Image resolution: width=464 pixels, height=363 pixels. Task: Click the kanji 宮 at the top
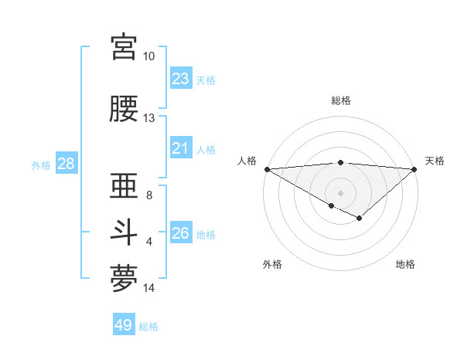pyautogui.click(x=124, y=48)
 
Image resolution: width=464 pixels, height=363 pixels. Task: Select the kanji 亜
pyautogui.click(x=124, y=185)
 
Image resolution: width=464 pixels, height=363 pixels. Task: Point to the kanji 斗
pyautogui.click(x=124, y=232)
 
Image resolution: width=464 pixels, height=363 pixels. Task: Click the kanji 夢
pyautogui.click(x=124, y=279)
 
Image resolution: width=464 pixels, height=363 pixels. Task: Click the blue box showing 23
pyautogui.click(x=181, y=79)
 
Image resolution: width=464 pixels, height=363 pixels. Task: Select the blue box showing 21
pyautogui.click(x=181, y=148)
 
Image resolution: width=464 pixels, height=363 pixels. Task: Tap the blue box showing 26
pyautogui.click(x=181, y=233)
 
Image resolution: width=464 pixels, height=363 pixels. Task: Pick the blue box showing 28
pyautogui.click(x=66, y=164)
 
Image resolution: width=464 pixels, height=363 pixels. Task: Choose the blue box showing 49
pyautogui.click(x=124, y=325)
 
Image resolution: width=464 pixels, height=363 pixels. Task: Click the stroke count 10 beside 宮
pyautogui.click(x=149, y=56)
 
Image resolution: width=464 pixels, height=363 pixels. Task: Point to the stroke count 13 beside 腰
pyautogui.click(x=149, y=118)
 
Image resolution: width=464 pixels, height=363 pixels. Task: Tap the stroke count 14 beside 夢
pyautogui.click(x=149, y=288)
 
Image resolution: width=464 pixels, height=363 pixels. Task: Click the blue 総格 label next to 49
pyautogui.click(x=149, y=327)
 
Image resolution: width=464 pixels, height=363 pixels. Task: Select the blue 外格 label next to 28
pyautogui.click(x=41, y=165)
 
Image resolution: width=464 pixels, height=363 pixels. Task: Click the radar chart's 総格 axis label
pyautogui.click(x=340, y=100)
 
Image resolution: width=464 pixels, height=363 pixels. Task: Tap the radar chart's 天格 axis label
pyautogui.click(x=435, y=161)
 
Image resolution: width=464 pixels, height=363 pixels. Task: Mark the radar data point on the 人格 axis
pyautogui.click(x=267, y=168)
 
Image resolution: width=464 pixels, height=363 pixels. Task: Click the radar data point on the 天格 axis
pyautogui.click(x=415, y=168)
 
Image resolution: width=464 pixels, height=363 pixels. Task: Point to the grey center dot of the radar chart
pyautogui.click(x=340, y=192)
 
